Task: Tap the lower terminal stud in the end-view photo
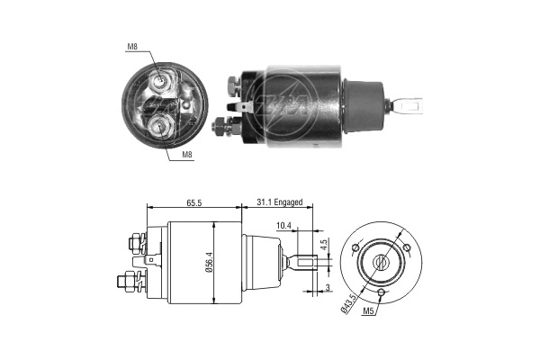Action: click(x=162, y=125)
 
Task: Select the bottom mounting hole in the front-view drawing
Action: click(x=382, y=292)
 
